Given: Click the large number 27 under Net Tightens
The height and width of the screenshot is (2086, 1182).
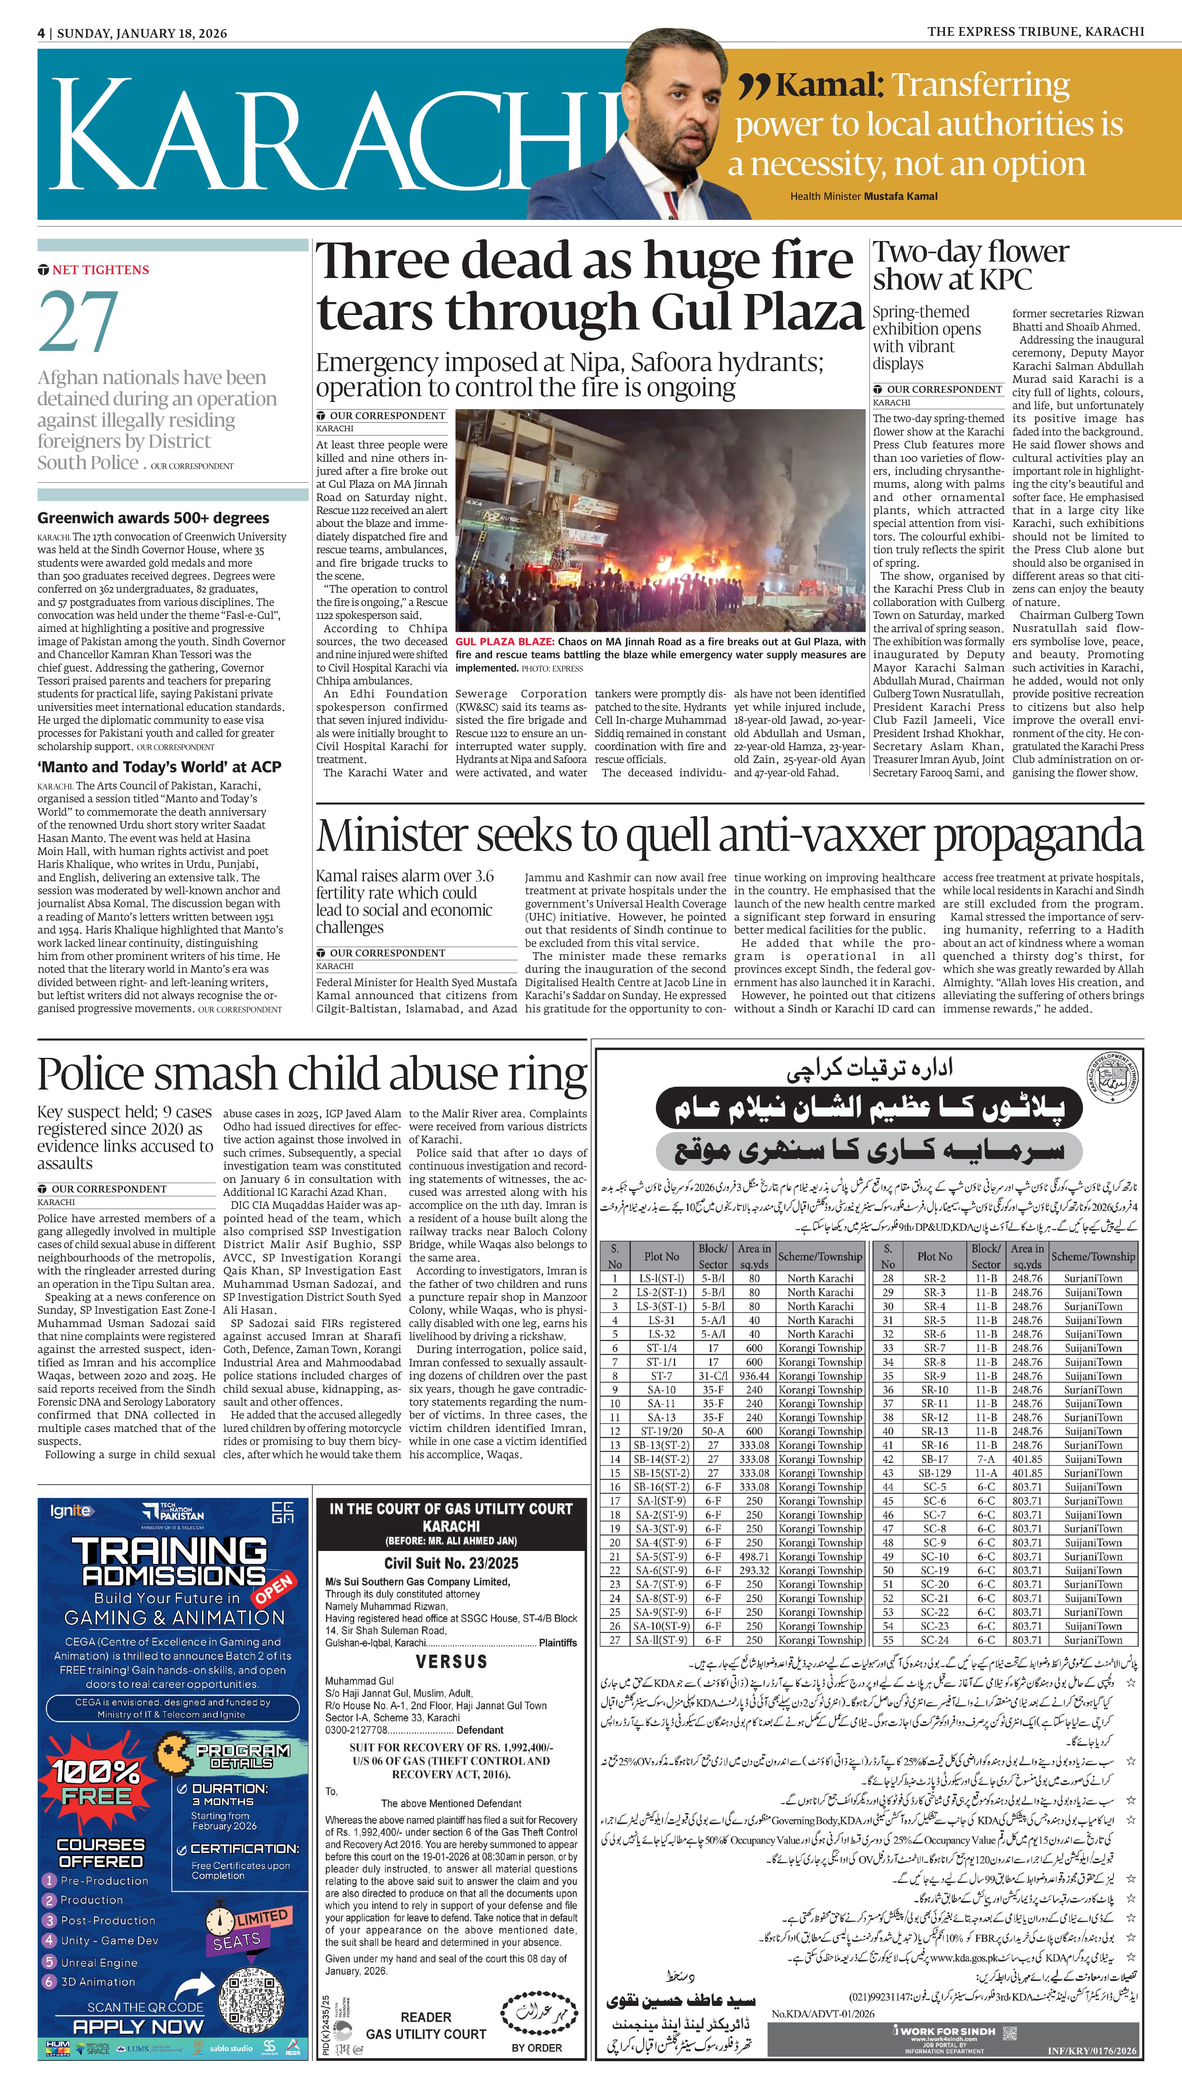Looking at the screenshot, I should [x=78, y=321].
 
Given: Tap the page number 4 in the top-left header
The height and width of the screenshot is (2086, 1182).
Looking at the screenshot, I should [x=40, y=33].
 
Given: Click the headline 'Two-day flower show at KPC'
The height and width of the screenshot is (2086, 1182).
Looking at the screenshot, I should [x=970, y=265].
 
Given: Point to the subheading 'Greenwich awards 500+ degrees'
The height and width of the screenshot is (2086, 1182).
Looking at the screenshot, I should [x=154, y=518].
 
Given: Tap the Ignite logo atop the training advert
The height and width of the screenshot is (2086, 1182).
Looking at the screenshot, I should [x=71, y=1511].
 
